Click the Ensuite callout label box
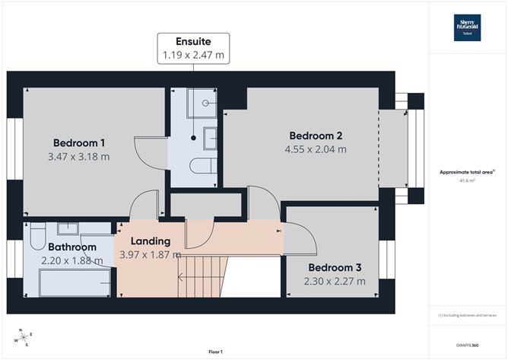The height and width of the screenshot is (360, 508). click(x=193, y=48)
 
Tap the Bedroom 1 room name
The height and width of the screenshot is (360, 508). click(x=79, y=143)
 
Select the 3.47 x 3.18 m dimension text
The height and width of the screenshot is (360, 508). click(x=79, y=157)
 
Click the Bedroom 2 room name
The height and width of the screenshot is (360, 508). click(x=315, y=135)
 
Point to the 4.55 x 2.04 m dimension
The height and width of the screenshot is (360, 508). click(x=315, y=149)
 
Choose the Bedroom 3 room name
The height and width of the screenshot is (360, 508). click(x=335, y=267)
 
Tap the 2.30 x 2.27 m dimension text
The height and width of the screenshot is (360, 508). click(x=335, y=281)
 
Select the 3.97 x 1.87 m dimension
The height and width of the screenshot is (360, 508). click(x=149, y=255)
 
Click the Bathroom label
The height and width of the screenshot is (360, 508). click(x=72, y=247)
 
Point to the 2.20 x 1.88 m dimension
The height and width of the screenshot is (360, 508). click(x=72, y=260)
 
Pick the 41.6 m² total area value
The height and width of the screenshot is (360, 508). click(x=467, y=180)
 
